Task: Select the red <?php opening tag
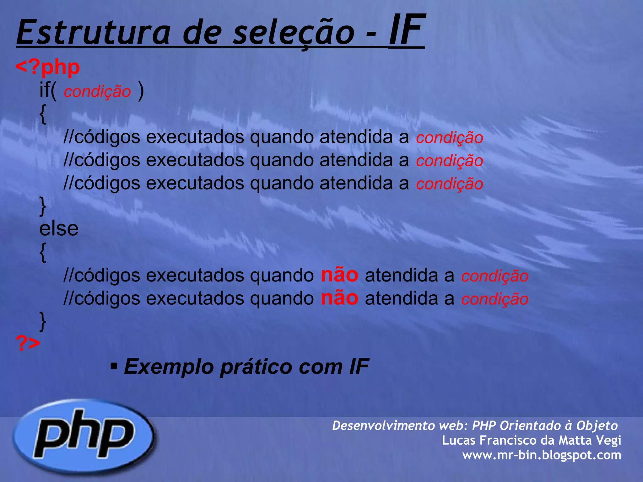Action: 48,67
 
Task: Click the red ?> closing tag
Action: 28,343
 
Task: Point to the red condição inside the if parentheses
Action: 97,92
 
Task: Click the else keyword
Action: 59,228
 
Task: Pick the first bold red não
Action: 339,275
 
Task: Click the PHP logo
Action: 84,436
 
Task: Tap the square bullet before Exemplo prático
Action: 114,366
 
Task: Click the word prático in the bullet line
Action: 256,367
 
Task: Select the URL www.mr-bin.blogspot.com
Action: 542,455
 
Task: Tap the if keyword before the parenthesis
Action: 44,90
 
